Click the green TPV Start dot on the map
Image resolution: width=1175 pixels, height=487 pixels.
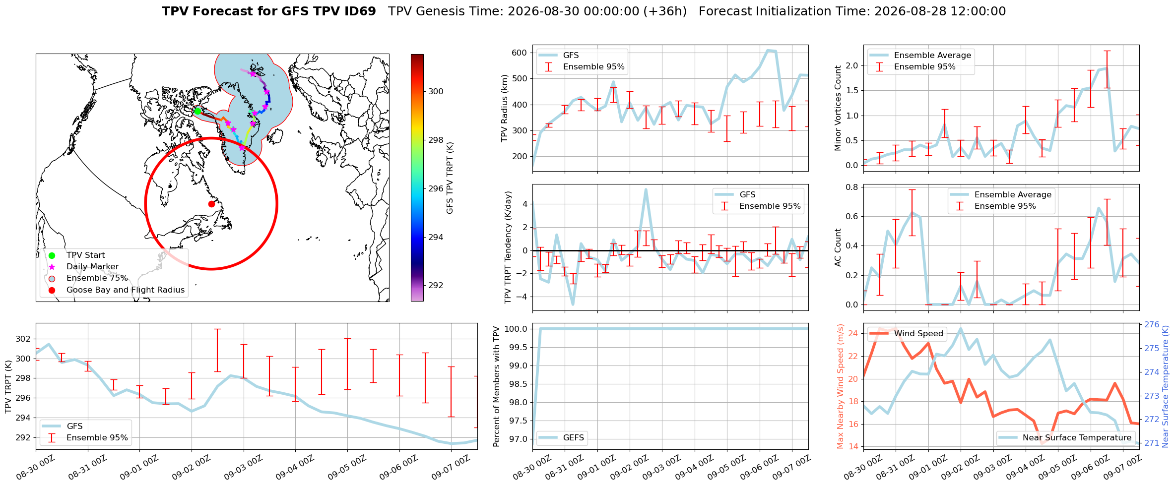tap(197, 111)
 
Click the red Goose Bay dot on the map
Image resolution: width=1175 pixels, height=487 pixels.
tap(211, 204)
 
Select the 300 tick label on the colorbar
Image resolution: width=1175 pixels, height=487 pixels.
tap(436, 91)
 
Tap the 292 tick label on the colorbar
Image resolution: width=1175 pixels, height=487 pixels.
tap(436, 285)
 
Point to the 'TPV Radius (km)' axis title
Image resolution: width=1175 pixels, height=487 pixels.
tap(505, 108)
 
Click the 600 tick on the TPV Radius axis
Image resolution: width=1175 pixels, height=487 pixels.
tap(520, 53)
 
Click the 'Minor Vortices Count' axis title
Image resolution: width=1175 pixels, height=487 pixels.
tap(838, 108)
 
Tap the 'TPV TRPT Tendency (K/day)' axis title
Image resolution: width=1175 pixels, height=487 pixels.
tap(508, 247)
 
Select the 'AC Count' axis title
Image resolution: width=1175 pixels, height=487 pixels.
tap(838, 247)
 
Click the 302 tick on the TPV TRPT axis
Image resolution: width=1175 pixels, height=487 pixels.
tap(23, 339)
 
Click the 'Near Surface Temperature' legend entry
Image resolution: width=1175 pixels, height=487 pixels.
tap(1065, 437)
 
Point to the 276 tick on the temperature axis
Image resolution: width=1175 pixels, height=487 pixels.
tap(1152, 324)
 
